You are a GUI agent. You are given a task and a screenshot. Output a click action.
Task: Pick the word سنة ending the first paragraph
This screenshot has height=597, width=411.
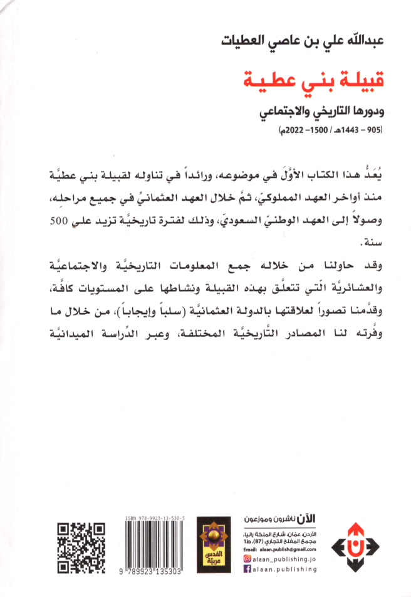click(x=362, y=243)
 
